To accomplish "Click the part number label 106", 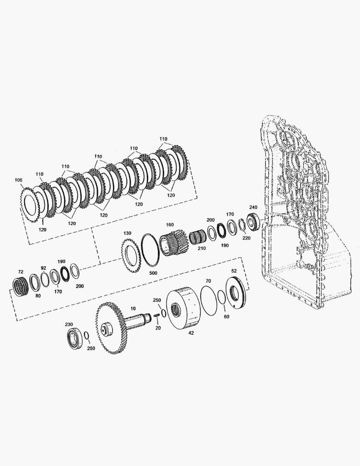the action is click(x=19, y=180).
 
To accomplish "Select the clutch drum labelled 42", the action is click(x=183, y=308).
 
